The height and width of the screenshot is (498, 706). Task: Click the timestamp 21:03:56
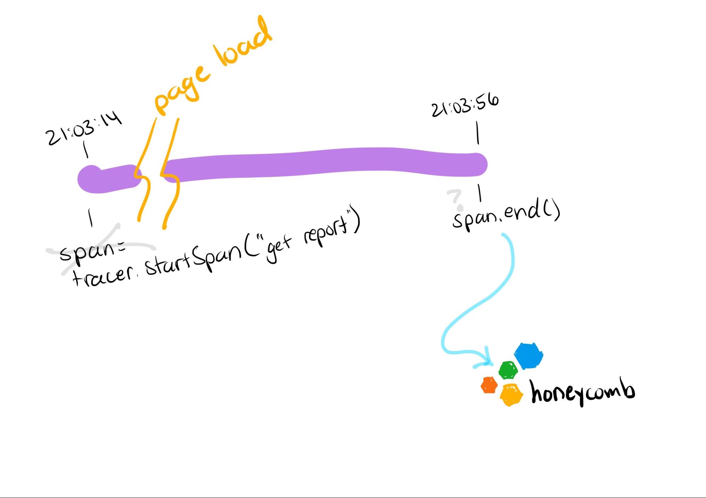click(x=465, y=105)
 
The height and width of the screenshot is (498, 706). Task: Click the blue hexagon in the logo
click(x=528, y=356)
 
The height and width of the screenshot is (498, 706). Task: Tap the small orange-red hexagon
click(x=489, y=385)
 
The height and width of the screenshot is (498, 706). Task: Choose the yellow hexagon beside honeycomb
click(x=511, y=395)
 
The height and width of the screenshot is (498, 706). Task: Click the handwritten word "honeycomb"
click(x=583, y=392)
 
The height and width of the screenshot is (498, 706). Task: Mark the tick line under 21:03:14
click(x=85, y=149)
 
